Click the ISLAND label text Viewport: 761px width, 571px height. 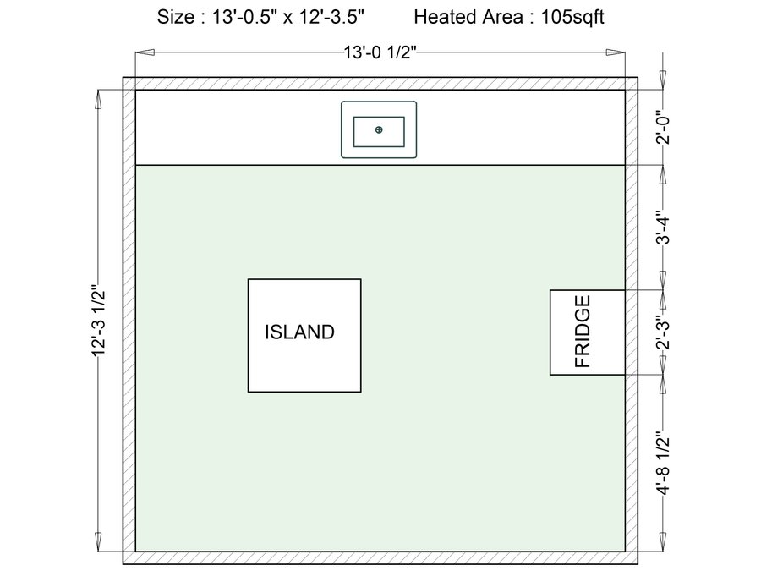(299, 332)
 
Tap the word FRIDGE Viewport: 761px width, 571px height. (583, 332)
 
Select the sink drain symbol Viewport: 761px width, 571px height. (379, 129)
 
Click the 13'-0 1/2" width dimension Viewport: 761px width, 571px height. (380, 52)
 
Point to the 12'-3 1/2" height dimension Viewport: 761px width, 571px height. (99, 321)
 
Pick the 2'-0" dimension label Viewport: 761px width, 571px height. (663, 129)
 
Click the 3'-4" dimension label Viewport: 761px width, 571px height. (663, 228)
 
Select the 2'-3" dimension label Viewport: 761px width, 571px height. (663, 332)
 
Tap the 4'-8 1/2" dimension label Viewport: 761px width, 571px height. (663, 463)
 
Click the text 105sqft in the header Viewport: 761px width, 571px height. (572, 17)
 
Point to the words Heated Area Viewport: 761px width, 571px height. (468, 17)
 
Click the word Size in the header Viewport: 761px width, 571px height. (175, 17)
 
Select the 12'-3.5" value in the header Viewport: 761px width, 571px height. (331, 17)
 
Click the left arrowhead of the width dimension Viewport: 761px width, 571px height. (145, 52)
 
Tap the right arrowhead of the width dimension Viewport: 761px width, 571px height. (616, 52)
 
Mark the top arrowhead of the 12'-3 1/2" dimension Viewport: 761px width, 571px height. (99, 100)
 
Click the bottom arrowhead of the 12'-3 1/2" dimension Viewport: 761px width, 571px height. (99, 541)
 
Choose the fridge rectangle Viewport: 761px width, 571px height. (588, 332)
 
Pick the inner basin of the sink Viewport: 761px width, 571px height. (379, 132)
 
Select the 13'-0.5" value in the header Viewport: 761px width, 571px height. (245, 17)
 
